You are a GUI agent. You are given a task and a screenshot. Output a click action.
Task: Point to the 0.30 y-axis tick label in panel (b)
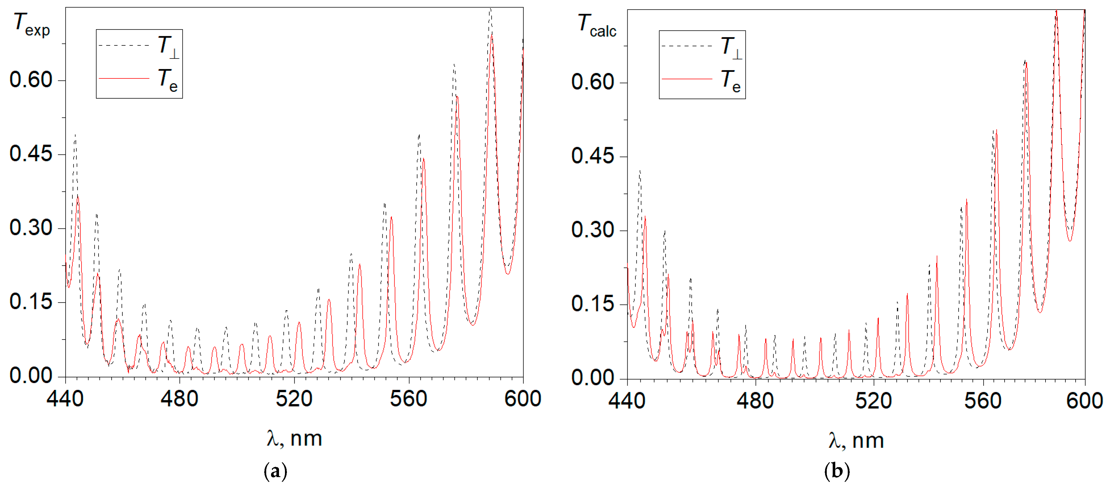coord(592,230)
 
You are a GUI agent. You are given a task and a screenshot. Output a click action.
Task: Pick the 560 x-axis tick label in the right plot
coord(982,401)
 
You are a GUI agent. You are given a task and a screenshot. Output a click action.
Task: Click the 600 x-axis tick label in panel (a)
coord(522,399)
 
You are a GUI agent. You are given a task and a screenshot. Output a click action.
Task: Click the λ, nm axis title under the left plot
coord(294,439)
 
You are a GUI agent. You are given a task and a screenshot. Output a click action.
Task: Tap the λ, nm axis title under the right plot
coord(856,441)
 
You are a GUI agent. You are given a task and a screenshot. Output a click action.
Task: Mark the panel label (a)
coord(275,471)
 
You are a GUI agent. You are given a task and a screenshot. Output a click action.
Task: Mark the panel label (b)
coord(837,471)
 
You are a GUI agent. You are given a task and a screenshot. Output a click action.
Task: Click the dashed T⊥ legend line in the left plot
coord(124,45)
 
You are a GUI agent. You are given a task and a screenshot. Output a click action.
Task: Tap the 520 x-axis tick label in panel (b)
coord(873,401)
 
